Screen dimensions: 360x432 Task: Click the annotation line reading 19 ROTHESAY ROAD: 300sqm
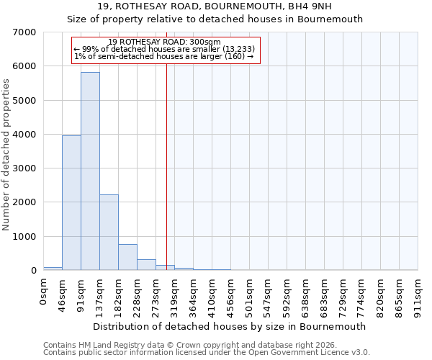(x=165, y=42)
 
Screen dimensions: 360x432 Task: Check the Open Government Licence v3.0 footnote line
(x=207, y=353)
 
